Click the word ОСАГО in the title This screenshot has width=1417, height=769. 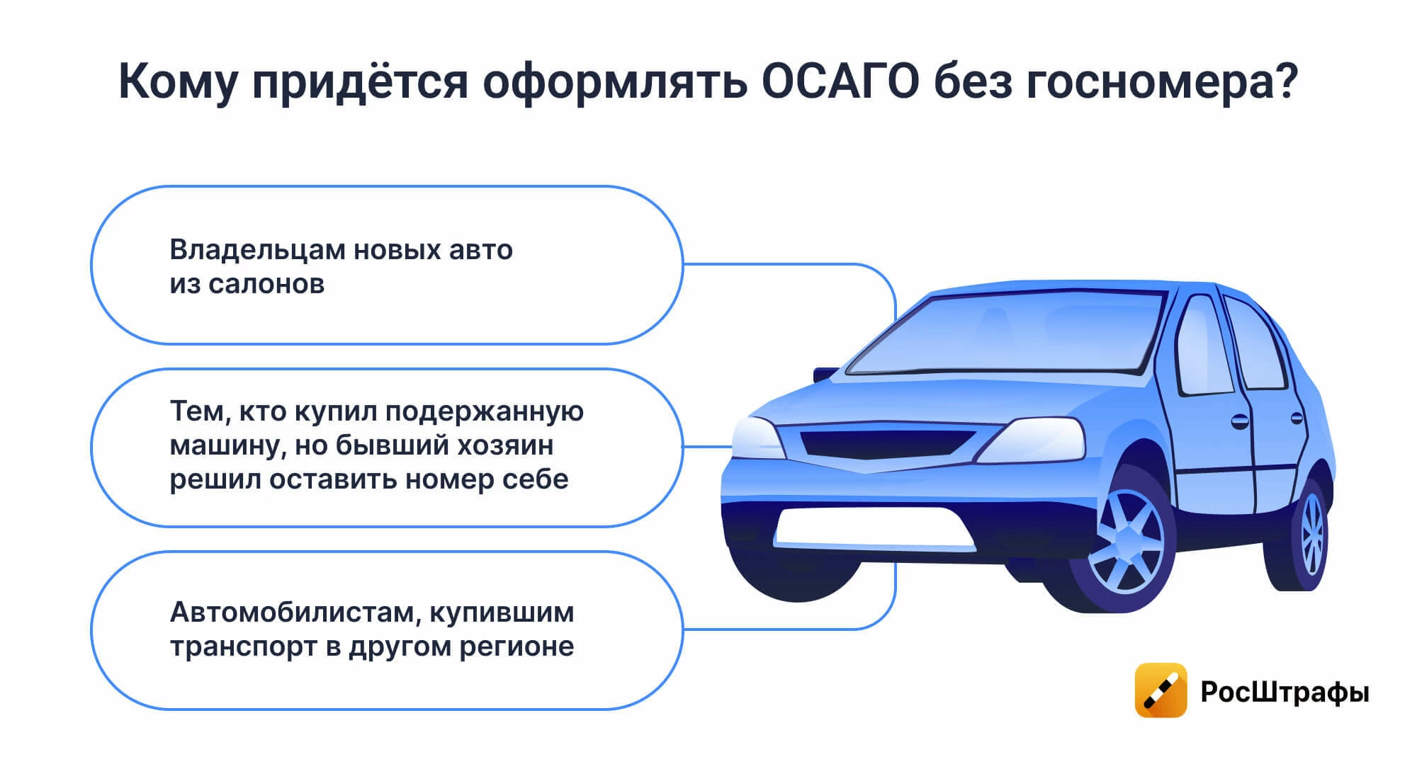coord(840,82)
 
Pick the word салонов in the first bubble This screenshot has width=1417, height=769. coord(266,285)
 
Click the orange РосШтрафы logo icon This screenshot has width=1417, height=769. coord(1161,690)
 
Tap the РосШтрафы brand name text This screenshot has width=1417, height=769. coord(1285,692)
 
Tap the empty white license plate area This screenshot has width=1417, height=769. coord(874,528)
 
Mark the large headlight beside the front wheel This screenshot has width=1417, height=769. coord(1032,439)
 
